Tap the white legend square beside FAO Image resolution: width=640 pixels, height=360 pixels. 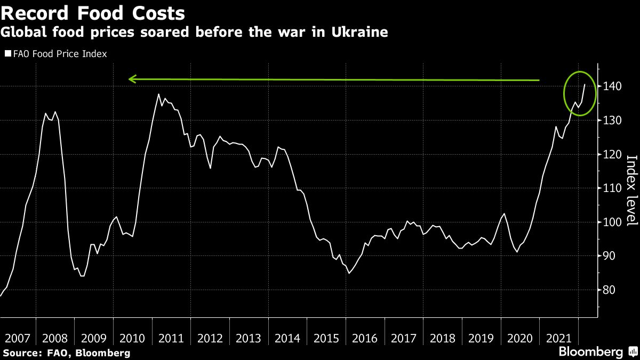[x=7, y=54]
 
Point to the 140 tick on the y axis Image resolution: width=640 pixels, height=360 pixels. [x=612, y=86]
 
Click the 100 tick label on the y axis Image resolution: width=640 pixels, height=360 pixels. [x=612, y=222]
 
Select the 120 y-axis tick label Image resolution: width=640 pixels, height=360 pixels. [x=612, y=155]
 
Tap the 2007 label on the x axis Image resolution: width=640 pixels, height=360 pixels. [x=17, y=338]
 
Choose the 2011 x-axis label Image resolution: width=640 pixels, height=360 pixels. [x=171, y=338]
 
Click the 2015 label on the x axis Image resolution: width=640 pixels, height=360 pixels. [x=326, y=338]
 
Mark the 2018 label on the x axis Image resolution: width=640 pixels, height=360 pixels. [x=442, y=338]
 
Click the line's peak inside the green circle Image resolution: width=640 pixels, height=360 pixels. [x=585, y=84]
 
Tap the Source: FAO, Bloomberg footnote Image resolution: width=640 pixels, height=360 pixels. [x=67, y=353]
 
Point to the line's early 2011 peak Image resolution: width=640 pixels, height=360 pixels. [x=159, y=94]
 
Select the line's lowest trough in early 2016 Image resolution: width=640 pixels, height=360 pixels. [x=348, y=273]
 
